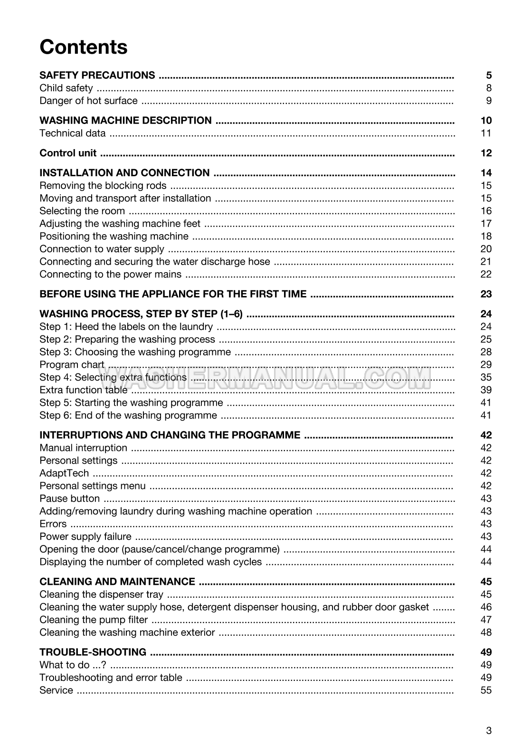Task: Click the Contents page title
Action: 84,47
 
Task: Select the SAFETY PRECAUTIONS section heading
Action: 97,75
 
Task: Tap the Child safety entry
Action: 66,88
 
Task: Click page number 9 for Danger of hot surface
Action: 489,101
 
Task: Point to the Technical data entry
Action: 72,133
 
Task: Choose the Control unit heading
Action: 68,153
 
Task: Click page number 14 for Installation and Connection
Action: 486,173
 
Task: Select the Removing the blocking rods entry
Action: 103,186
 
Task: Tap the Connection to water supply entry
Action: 102,249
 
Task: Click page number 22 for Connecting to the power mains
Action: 486,274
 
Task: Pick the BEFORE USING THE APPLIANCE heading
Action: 173,294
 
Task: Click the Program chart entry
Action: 72,365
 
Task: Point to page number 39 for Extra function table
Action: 486,390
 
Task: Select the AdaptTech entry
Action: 64,473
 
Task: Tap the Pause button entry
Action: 69,498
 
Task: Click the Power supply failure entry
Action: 85,536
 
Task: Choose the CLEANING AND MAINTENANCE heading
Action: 117,582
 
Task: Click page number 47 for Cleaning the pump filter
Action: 486,620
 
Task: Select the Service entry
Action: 56,690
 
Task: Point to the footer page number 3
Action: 489,731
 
